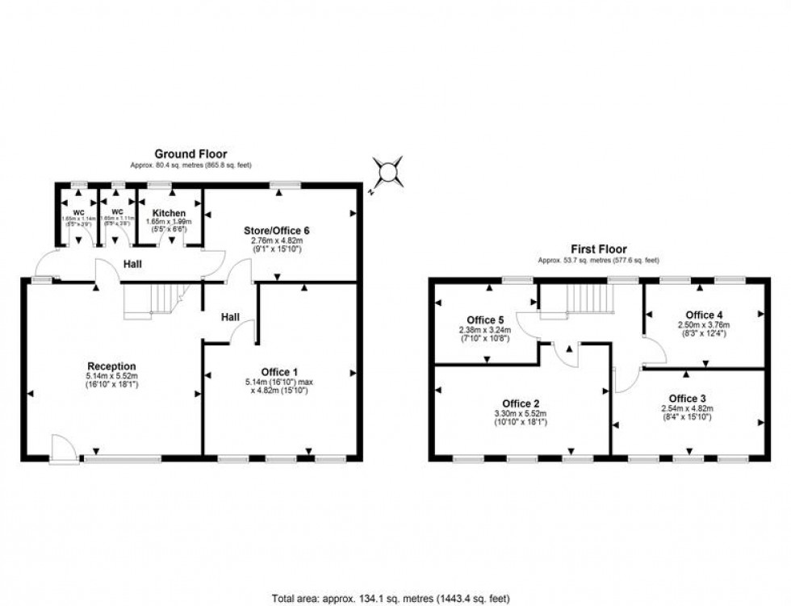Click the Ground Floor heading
point(190,153)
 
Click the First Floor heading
point(599,249)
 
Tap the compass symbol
point(388,173)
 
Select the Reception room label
point(113,366)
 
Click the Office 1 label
point(279,372)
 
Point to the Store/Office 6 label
point(278,231)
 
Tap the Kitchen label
point(169,213)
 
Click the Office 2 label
point(521,403)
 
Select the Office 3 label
point(687,398)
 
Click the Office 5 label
point(484,318)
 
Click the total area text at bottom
point(392,598)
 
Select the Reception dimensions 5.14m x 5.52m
point(113,376)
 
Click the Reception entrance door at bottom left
point(61,448)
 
